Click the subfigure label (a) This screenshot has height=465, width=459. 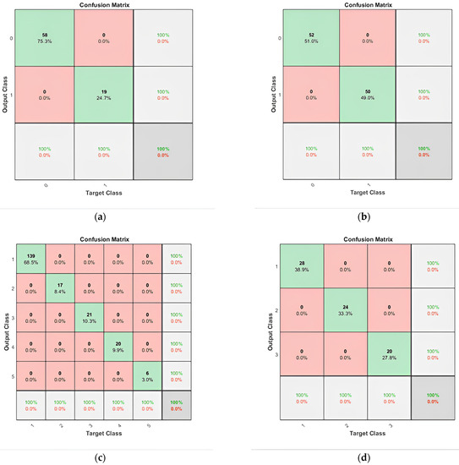click(101, 216)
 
